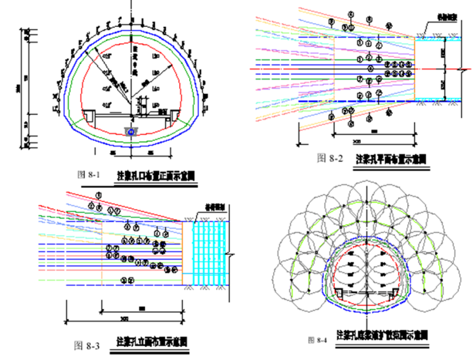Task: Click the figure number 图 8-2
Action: pyautogui.click(x=330, y=158)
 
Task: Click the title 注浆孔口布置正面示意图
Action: pyautogui.click(x=155, y=176)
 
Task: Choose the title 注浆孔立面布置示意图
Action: pyautogui.click(x=152, y=342)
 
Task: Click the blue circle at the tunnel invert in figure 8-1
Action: pyautogui.click(x=130, y=132)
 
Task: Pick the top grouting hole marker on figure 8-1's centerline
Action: pyautogui.click(x=131, y=25)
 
